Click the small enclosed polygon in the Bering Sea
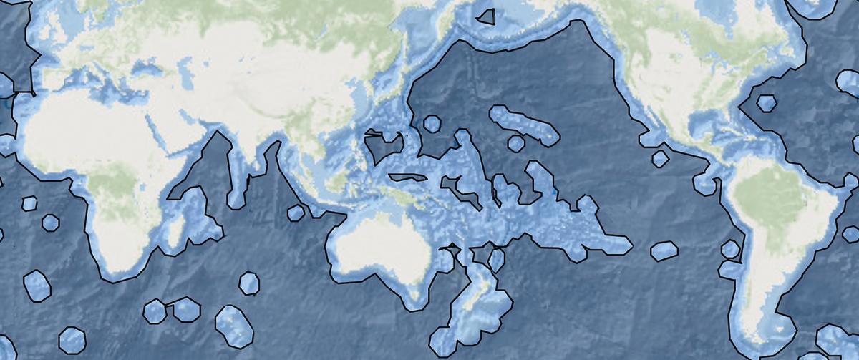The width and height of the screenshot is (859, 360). [x=488, y=16]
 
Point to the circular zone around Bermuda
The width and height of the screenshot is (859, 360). [x=767, y=104]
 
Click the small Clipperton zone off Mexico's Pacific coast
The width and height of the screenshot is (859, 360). [x=660, y=157]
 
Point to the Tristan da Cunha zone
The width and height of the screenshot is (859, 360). [x=37, y=285]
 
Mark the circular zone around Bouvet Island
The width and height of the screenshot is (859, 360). [x=72, y=339]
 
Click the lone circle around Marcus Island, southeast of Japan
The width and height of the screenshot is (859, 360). [x=432, y=124]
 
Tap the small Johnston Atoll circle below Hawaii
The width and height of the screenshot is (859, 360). [x=515, y=143]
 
